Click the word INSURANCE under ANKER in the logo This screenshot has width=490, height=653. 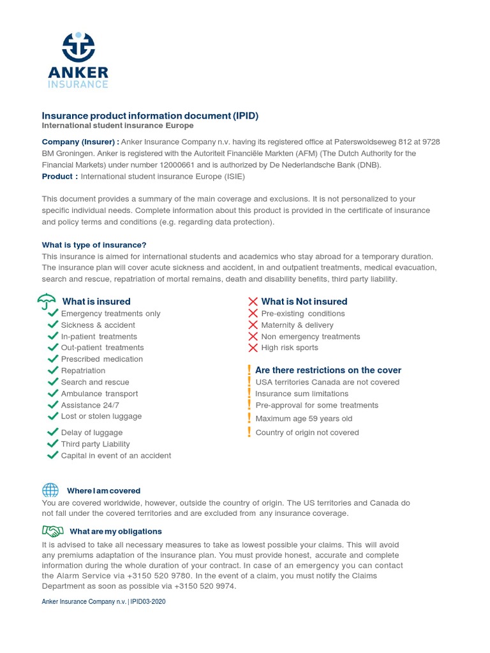click(x=78, y=84)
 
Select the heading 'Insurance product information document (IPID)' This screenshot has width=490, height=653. click(x=150, y=115)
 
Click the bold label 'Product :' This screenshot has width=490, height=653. click(x=60, y=176)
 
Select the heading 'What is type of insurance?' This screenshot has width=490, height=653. click(x=94, y=245)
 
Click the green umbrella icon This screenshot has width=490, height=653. click(x=47, y=301)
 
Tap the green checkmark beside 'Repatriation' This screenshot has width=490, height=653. click(x=53, y=371)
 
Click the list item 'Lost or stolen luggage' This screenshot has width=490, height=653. click(x=101, y=416)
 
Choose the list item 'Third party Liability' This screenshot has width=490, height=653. click(x=95, y=444)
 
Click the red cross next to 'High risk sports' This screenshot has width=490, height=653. click(x=253, y=348)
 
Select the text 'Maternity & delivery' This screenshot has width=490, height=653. click(x=297, y=325)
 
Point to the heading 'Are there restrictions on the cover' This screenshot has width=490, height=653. click(x=328, y=370)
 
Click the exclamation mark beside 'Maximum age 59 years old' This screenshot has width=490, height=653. click(x=249, y=418)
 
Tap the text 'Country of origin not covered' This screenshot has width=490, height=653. click(x=307, y=432)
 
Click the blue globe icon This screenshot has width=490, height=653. click(x=50, y=490)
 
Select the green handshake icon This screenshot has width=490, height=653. click(x=52, y=531)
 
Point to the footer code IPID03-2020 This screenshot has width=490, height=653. click(x=149, y=601)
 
